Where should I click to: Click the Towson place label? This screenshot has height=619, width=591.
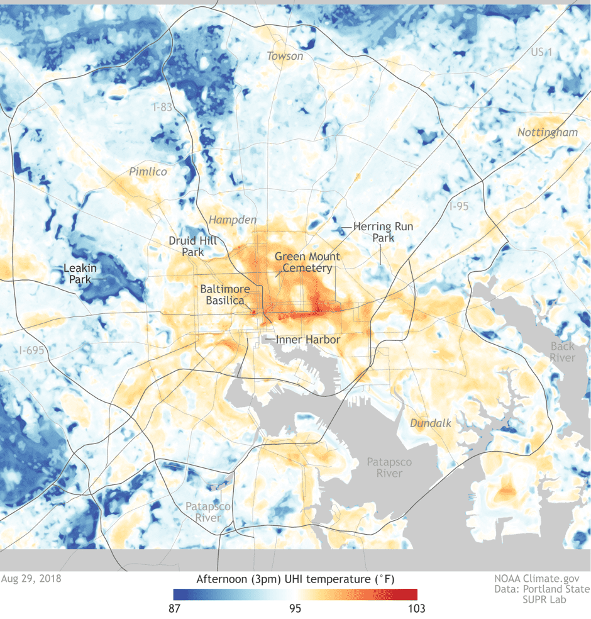tap(285, 56)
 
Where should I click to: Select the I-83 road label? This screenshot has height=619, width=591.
tap(162, 107)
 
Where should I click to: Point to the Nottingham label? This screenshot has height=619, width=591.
tap(548, 132)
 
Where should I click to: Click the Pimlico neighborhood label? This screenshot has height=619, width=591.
tap(148, 171)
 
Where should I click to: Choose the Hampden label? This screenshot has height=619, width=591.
tap(233, 220)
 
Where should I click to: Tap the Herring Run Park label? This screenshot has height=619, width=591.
tap(382, 232)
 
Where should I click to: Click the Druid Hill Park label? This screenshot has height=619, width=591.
tap(185, 246)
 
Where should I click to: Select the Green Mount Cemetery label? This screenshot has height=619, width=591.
tap(307, 262)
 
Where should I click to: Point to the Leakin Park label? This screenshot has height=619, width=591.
tap(80, 274)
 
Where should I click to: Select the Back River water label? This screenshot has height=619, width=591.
tap(562, 352)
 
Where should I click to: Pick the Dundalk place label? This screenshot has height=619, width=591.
tap(431, 423)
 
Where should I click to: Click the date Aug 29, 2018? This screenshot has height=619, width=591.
tap(31, 577)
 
